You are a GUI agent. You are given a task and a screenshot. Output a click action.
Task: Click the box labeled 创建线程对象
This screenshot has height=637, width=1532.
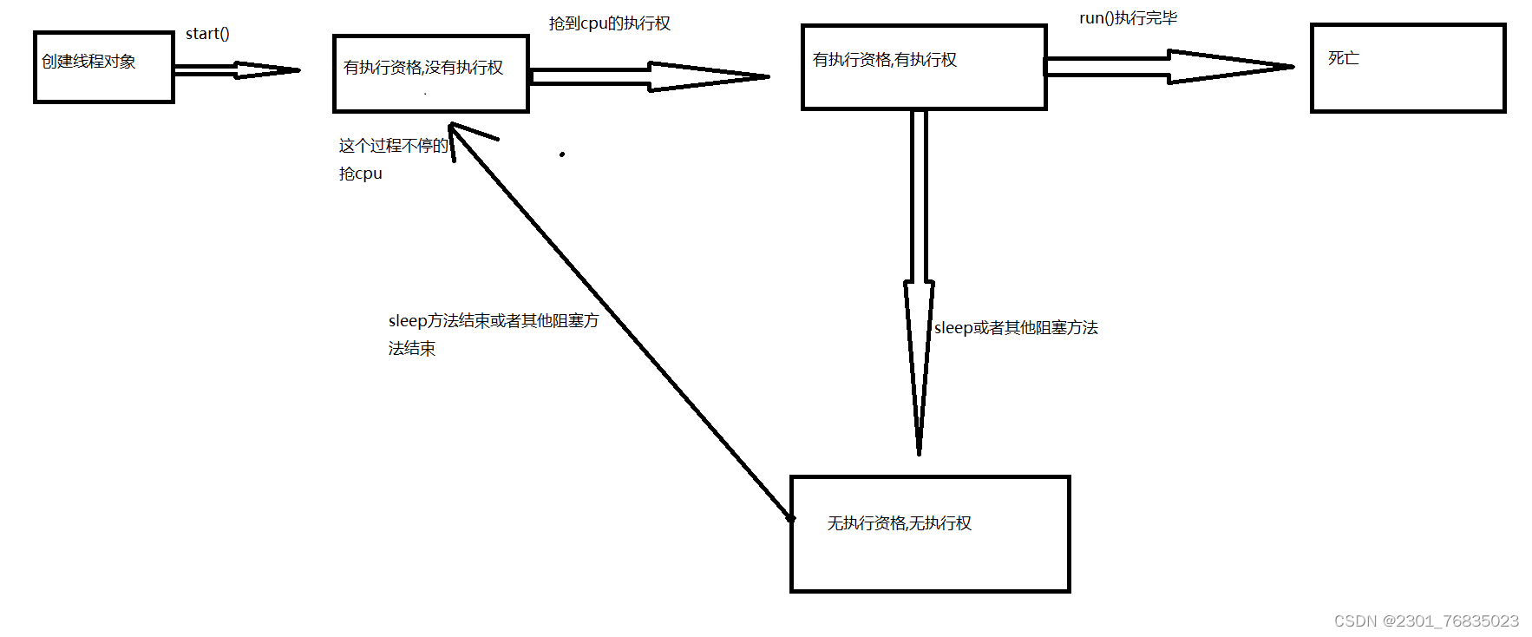tap(103, 67)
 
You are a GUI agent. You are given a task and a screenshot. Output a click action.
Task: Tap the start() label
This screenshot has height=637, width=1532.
tap(207, 34)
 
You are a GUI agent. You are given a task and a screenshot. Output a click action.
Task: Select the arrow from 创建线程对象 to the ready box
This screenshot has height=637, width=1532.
tap(236, 70)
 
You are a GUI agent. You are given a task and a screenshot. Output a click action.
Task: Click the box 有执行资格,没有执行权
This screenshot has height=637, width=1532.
tap(430, 74)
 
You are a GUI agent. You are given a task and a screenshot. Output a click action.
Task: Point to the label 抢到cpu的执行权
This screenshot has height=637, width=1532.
tap(609, 23)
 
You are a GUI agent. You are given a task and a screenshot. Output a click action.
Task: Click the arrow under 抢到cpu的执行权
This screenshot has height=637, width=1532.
tap(649, 76)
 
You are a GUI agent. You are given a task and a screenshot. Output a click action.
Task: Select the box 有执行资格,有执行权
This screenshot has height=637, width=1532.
tap(923, 68)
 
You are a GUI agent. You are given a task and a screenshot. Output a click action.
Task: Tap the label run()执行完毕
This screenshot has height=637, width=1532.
tap(1128, 18)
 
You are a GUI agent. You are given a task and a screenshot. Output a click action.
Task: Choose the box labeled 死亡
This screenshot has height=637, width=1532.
tap(1407, 68)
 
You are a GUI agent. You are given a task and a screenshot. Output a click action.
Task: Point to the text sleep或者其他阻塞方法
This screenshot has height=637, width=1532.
tap(1016, 328)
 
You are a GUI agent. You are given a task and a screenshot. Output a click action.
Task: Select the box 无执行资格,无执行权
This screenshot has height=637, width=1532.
tap(930, 534)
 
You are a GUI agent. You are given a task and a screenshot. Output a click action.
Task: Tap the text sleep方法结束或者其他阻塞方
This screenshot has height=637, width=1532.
tap(493, 321)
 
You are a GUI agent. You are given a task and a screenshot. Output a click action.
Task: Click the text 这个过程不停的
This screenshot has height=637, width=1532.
tap(393, 146)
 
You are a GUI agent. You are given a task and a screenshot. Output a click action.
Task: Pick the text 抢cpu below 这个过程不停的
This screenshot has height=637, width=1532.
tap(360, 174)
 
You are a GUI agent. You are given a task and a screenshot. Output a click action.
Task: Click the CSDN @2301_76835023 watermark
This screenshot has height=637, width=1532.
tap(1426, 621)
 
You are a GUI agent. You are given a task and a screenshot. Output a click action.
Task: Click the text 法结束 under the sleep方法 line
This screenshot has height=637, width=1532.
tap(411, 349)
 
